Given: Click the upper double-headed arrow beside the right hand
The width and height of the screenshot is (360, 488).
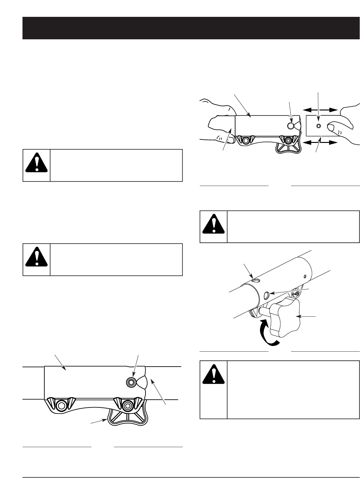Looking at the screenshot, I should [321, 110].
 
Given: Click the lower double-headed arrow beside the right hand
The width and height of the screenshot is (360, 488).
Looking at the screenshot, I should [321, 143].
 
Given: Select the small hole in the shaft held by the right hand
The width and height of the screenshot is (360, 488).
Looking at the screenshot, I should [318, 126].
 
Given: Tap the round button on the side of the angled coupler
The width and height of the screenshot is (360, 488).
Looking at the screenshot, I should [267, 295].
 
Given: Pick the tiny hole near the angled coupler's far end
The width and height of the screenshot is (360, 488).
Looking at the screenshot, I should [305, 276].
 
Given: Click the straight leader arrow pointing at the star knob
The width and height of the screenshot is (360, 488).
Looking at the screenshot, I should [308, 316].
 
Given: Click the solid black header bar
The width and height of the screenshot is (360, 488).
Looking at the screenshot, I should [191, 28].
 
